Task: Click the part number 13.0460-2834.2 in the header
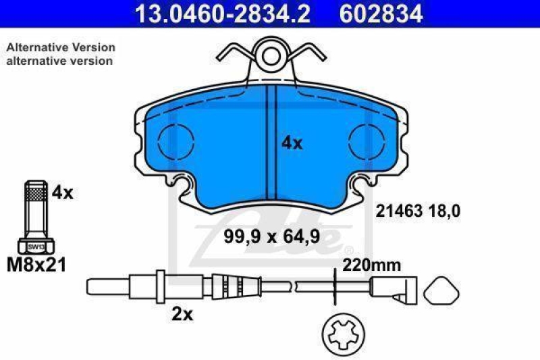222,13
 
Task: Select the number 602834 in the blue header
379,13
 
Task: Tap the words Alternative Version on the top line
61,47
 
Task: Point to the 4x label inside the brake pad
292,143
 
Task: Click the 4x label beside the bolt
62,192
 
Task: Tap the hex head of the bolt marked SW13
35,247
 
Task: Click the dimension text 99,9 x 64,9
271,236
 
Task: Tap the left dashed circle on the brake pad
175,143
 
